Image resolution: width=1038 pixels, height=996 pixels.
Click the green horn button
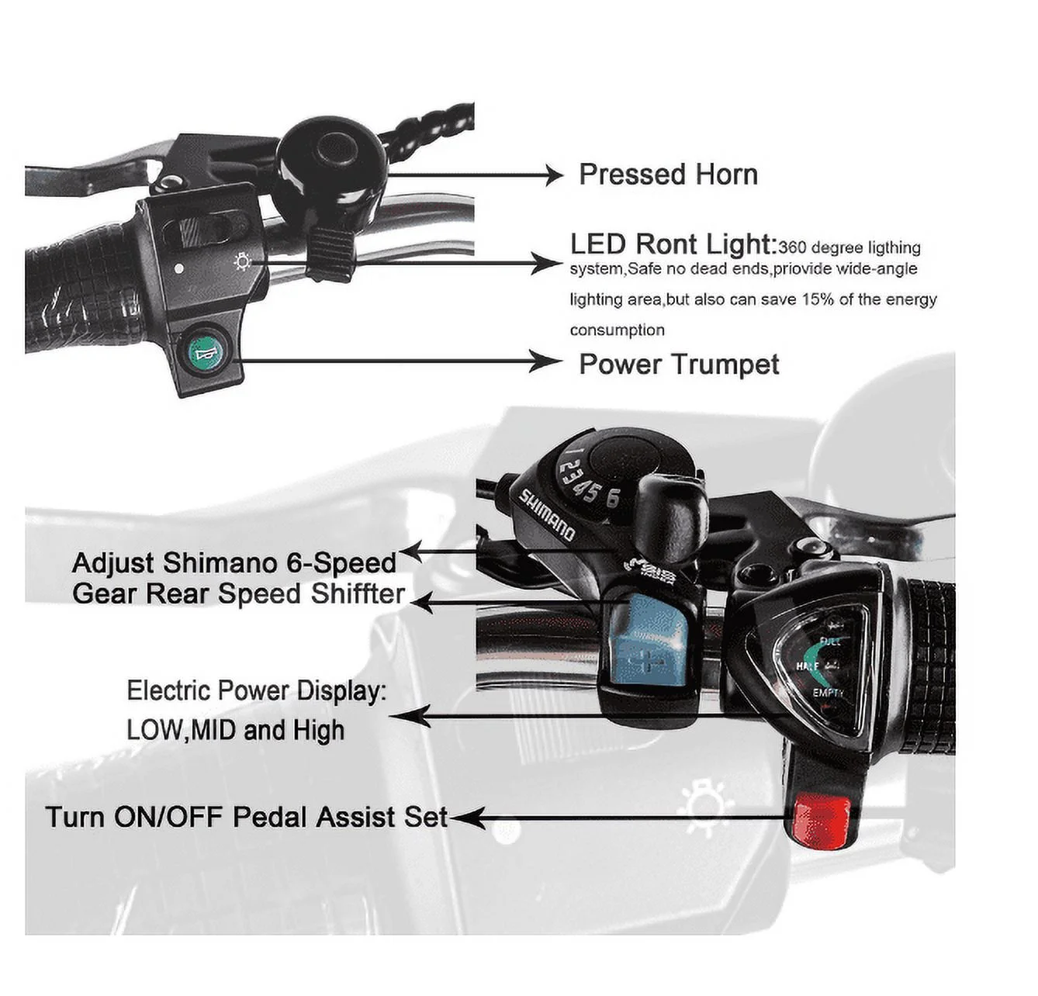point(206,351)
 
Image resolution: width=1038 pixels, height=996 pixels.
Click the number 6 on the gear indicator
point(613,498)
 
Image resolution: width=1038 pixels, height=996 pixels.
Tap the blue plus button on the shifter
point(649,640)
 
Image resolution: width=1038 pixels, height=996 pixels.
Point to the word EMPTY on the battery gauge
point(827,693)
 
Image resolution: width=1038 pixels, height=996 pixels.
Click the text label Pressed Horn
point(669,175)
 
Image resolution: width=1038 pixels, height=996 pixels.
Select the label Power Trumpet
point(679,365)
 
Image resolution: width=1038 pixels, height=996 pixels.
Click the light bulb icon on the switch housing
point(243,262)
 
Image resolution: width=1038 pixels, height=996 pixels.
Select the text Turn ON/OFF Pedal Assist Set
point(247,818)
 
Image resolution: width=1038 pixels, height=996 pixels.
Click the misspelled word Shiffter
point(358,593)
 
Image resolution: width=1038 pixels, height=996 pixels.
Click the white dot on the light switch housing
point(179,269)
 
